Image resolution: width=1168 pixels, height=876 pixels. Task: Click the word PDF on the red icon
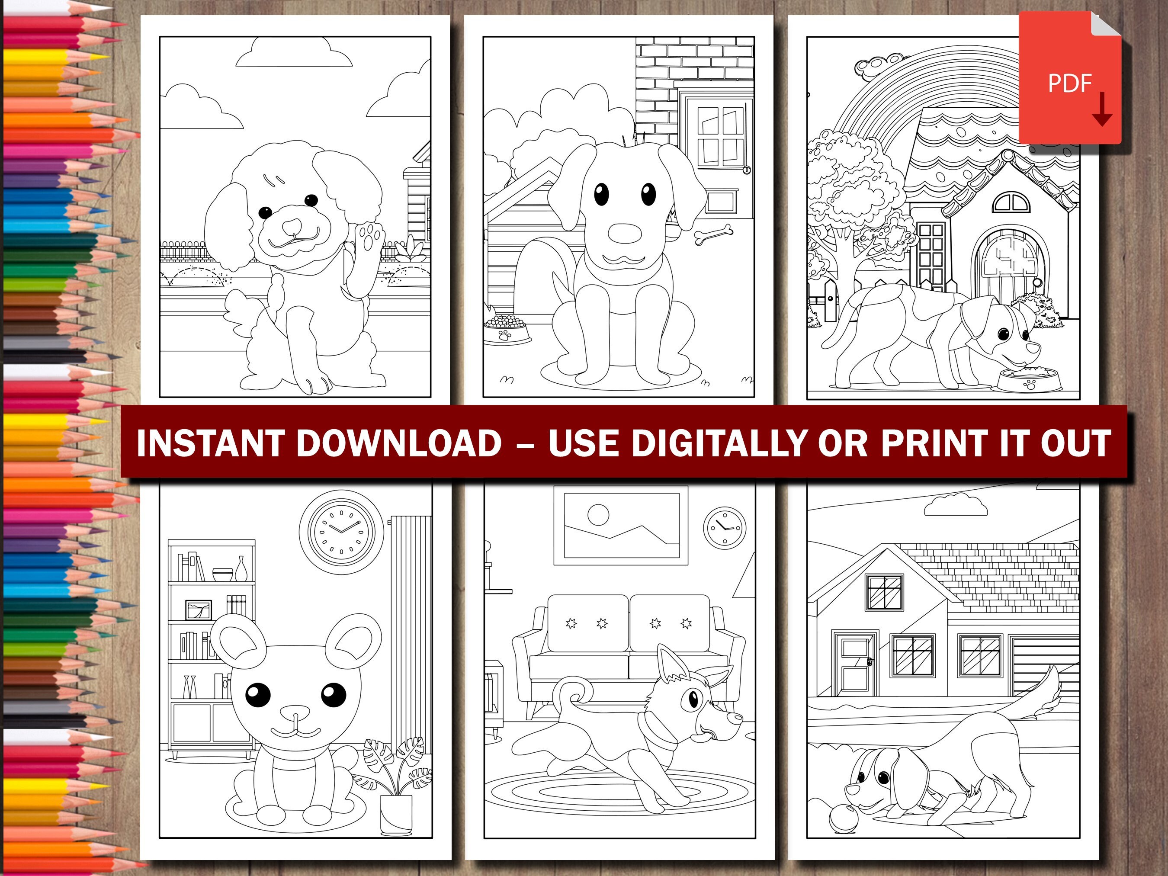point(1069,83)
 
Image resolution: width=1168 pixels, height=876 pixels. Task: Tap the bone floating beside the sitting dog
point(713,234)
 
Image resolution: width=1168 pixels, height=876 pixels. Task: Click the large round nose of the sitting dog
point(624,233)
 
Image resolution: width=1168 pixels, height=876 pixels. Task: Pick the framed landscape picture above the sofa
point(621,525)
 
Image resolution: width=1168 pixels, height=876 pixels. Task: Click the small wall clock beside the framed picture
point(725,527)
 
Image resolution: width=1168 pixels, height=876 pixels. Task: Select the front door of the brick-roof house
point(855,663)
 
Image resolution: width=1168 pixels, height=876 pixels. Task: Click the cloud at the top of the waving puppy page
point(294,53)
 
